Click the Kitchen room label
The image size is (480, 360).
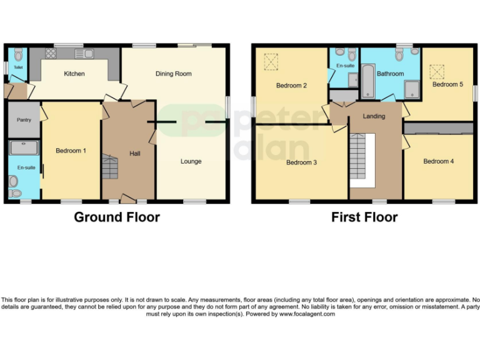coord(74,74)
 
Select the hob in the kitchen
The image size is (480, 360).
coord(51,54)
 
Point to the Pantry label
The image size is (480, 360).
coord(24,120)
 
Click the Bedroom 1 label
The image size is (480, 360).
coord(71,151)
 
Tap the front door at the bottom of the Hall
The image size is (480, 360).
coord(128,199)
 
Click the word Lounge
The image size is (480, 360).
coord(191,161)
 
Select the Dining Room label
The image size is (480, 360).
coord(173,74)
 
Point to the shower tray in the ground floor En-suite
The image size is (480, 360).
coord(24,147)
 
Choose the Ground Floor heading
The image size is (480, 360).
coord(117,217)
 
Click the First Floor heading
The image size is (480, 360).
coord(364,217)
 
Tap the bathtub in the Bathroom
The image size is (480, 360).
coord(368,84)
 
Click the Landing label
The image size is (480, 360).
coord(374,116)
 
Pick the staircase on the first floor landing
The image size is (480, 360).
coord(361,159)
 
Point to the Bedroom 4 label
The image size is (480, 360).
coord(438,161)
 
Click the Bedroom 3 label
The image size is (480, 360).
coord(301,162)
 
